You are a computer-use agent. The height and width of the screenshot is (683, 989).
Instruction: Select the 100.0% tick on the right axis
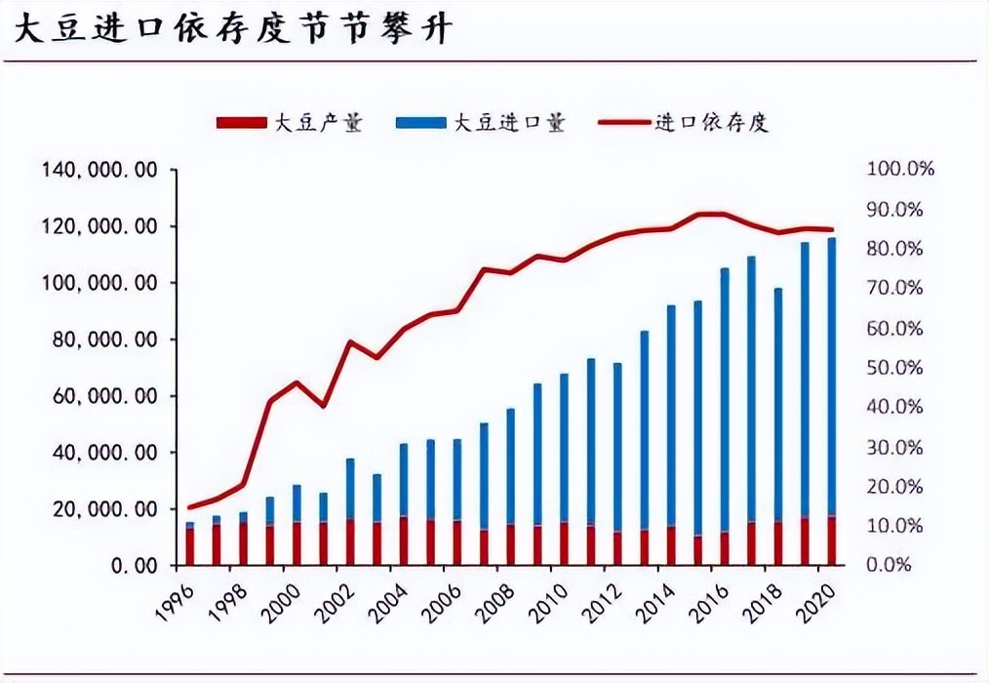(x=899, y=170)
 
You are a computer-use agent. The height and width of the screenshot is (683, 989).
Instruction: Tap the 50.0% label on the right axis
(x=899, y=368)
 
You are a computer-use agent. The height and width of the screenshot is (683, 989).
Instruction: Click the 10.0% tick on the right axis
(x=899, y=526)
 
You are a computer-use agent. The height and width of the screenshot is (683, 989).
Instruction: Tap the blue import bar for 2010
(x=564, y=448)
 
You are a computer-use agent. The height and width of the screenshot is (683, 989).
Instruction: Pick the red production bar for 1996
(x=190, y=547)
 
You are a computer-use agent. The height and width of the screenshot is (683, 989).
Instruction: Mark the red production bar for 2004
(x=404, y=542)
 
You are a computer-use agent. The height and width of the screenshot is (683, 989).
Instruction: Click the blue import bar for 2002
(x=350, y=489)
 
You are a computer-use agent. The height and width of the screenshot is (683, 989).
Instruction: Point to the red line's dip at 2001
(x=323, y=405)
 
